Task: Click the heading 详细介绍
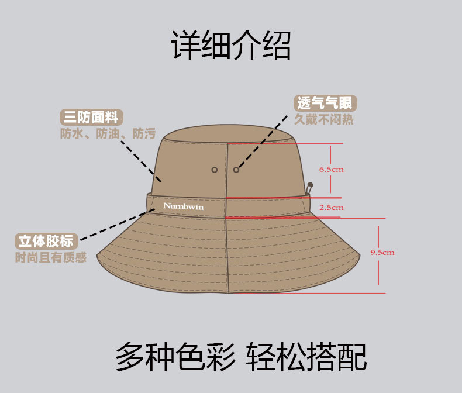point(230,46)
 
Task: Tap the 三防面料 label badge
point(92,116)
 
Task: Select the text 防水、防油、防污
point(108,133)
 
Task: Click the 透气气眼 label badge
point(325,104)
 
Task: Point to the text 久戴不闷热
point(324,120)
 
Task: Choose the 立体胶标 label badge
point(46,240)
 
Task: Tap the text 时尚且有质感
point(50,257)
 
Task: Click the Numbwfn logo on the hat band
point(183,206)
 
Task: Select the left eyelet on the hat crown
point(215,170)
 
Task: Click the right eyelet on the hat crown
point(236,170)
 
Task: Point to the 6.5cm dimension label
point(331,169)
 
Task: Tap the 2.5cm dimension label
point(331,207)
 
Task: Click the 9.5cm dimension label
point(382,252)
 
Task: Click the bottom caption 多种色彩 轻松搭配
point(240,356)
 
